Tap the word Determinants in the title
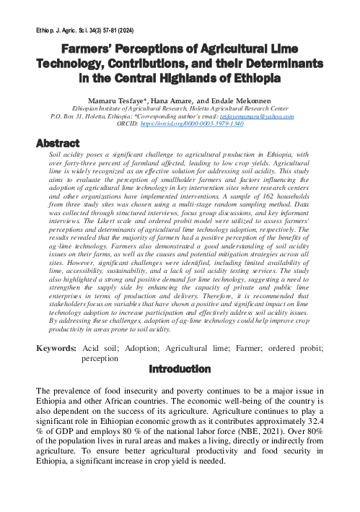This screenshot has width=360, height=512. pos(281,64)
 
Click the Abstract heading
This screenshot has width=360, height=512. pos(58,143)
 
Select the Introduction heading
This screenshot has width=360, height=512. pos(180,369)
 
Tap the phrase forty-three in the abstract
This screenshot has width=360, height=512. pos(85,164)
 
